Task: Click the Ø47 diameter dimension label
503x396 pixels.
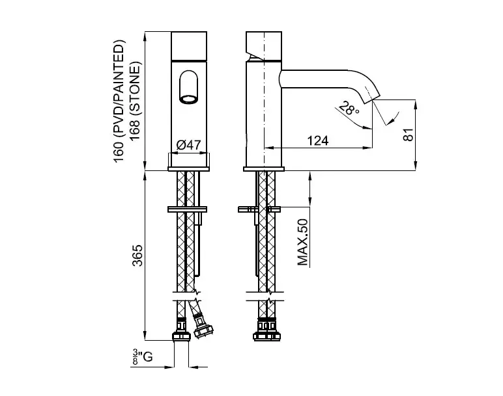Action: [x=189, y=145]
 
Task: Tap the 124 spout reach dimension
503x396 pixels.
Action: [x=318, y=140]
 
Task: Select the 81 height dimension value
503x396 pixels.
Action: [x=408, y=135]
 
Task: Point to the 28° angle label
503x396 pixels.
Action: [x=349, y=109]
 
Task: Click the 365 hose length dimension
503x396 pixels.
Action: [x=137, y=256]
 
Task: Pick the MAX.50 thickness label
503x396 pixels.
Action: [x=302, y=242]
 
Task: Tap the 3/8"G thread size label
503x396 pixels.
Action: [x=143, y=357]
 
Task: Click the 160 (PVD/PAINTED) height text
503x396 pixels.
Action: [x=118, y=101]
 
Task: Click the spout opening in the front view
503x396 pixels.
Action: [x=189, y=99]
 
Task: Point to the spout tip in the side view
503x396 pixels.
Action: [x=371, y=98]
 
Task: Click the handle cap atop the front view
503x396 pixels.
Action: [x=189, y=46]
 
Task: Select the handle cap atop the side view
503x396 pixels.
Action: [x=264, y=46]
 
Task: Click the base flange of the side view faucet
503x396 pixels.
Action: [x=264, y=169]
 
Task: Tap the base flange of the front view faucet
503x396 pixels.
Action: [x=189, y=168]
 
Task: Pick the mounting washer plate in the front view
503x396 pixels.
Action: [x=188, y=209]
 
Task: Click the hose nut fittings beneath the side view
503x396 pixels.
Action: [x=266, y=329]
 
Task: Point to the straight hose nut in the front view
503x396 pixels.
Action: [x=181, y=330]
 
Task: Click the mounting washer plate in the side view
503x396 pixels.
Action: [x=259, y=209]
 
